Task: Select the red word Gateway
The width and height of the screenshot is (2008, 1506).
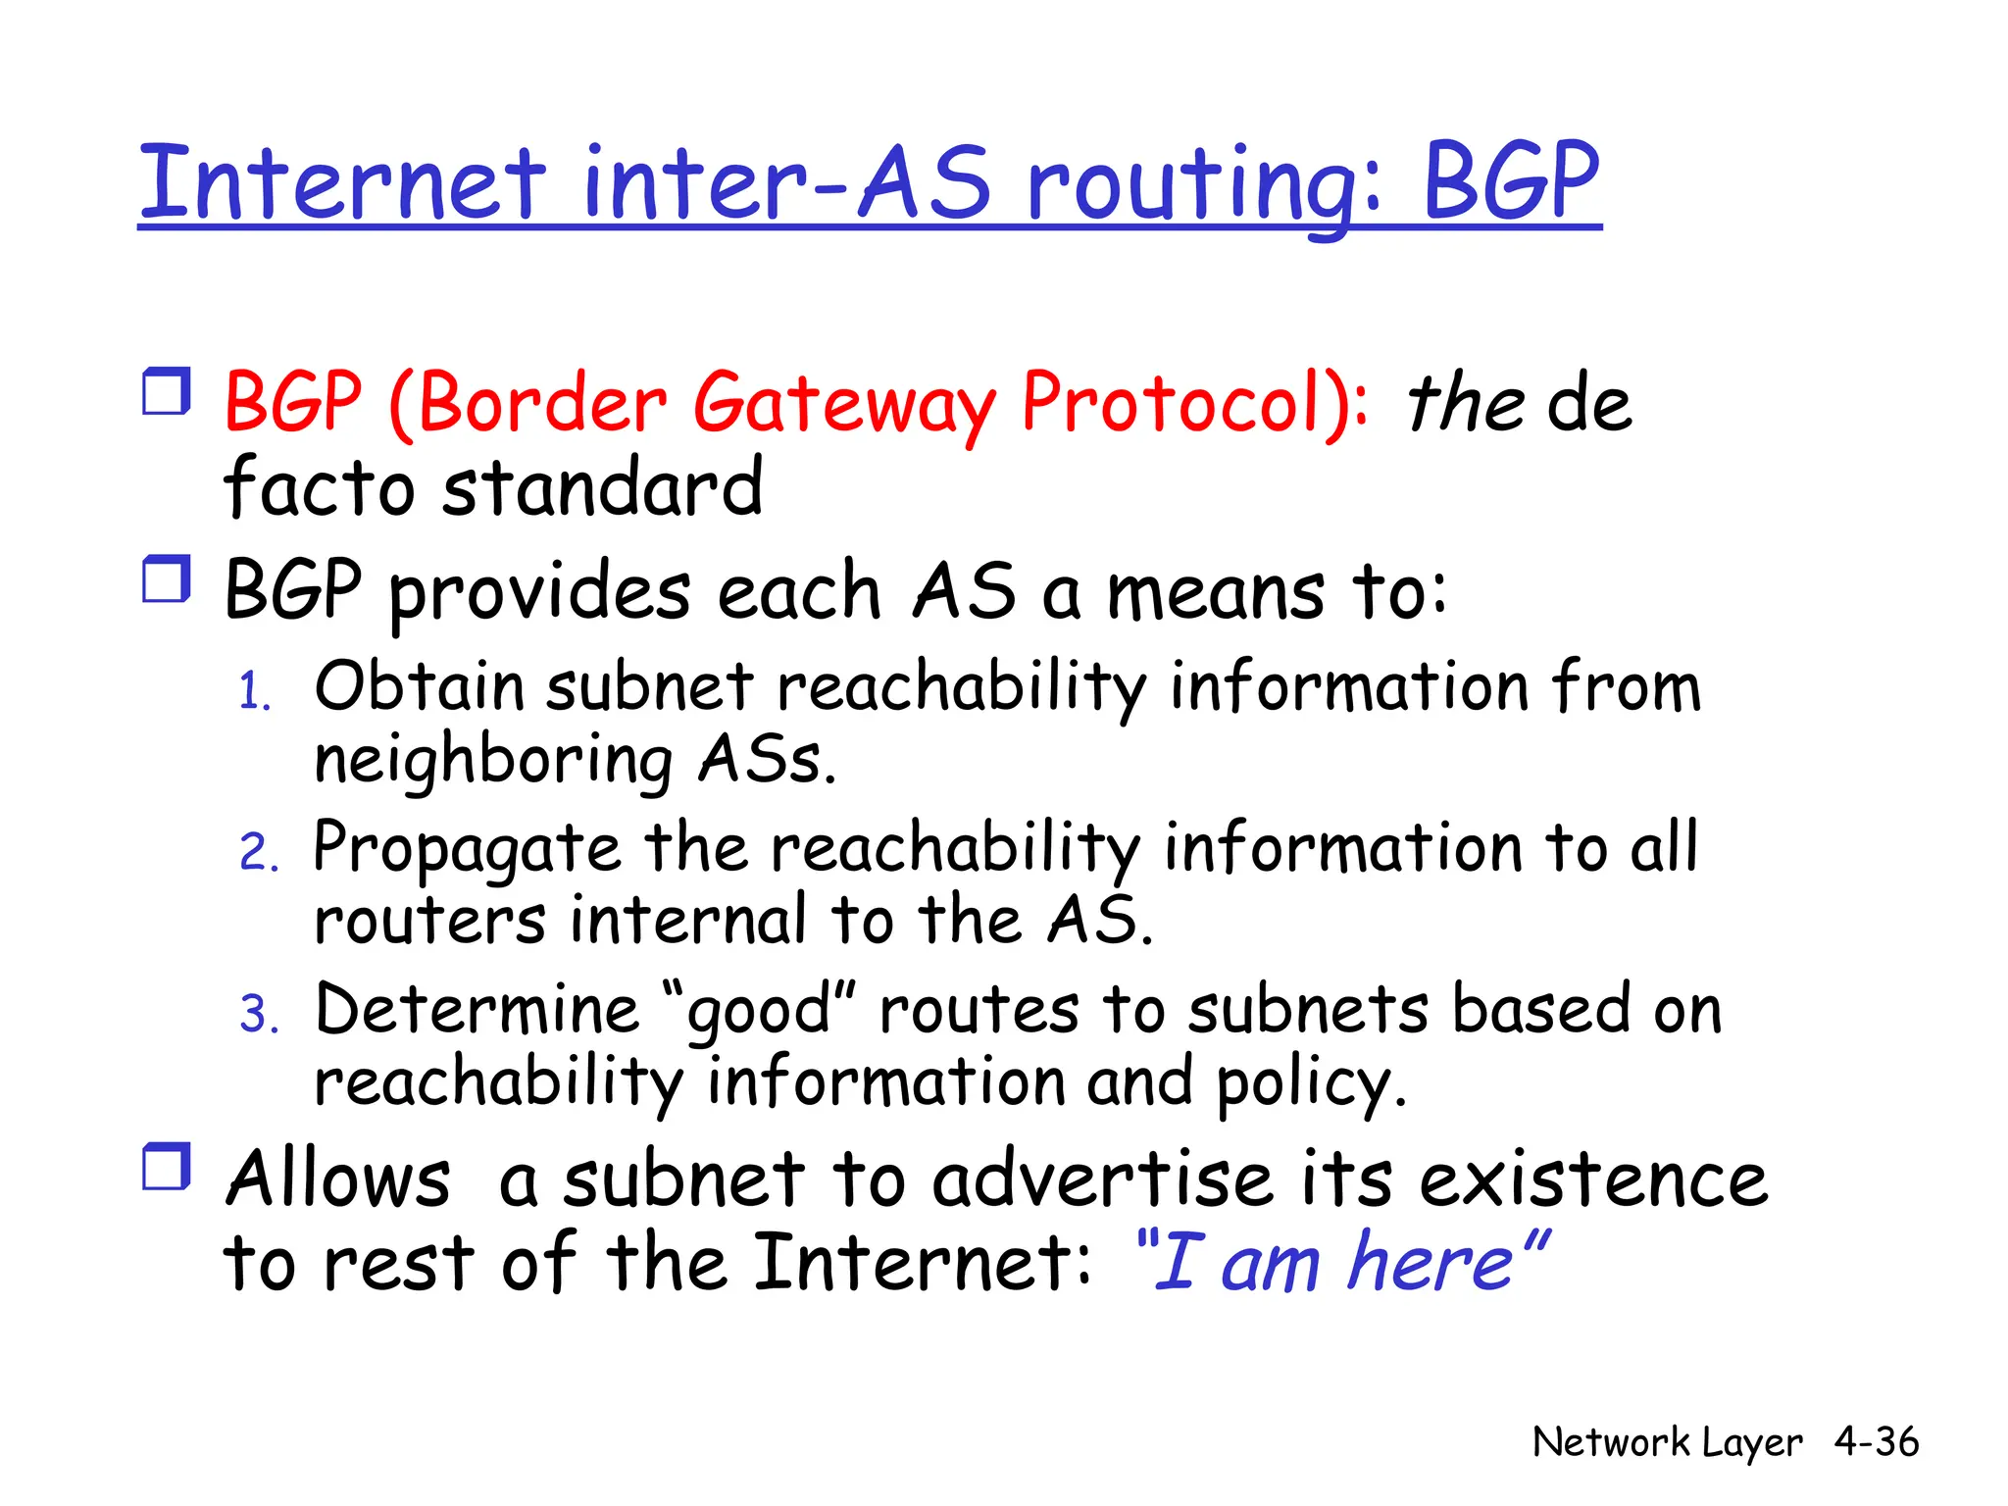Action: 844,404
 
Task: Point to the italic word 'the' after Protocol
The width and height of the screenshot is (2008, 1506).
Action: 1465,404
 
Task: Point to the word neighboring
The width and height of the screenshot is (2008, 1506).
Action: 492,761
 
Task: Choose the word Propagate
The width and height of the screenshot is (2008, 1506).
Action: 467,848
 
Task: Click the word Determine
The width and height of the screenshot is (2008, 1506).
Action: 477,1010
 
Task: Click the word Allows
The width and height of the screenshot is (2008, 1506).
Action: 338,1179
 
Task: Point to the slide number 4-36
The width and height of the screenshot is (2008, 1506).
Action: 1876,1442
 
